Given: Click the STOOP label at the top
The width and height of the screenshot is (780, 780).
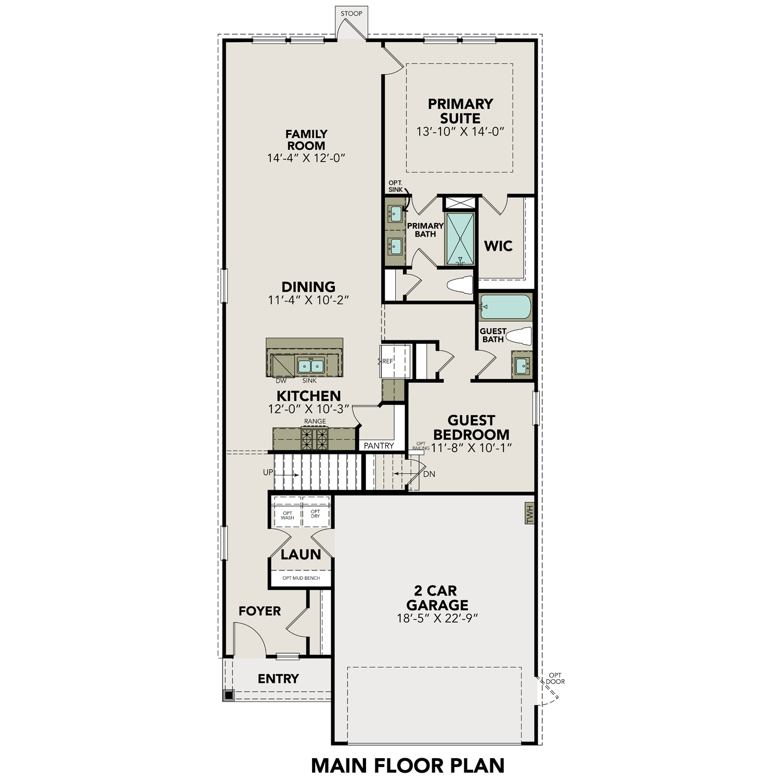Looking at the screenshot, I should pyautogui.click(x=352, y=14).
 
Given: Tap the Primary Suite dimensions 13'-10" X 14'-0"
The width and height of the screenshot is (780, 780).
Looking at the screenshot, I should pyautogui.click(x=460, y=132).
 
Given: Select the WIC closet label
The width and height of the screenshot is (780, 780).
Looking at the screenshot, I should pyautogui.click(x=498, y=246).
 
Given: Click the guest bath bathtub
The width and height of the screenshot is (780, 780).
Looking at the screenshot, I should pyautogui.click(x=505, y=307).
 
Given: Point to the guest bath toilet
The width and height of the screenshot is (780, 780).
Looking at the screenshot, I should pyautogui.click(x=519, y=336).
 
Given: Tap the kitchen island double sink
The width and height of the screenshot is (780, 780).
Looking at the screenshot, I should pyautogui.click(x=310, y=366).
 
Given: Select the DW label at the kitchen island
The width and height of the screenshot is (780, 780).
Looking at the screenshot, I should pyautogui.click(x=281, y=381).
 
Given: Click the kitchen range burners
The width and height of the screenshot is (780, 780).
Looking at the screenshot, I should pyautogui.click(x=315, y=439).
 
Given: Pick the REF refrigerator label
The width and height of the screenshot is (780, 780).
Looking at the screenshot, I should pyautogui.click(x=388, y=361).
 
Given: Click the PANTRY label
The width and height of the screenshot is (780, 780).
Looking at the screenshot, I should pyautogui.click(x=379, y=446).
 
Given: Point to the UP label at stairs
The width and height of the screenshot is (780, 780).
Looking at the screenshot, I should pyautogui.click(x=268, y=473).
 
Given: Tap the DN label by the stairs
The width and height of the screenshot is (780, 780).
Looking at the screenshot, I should pyautogui.click(x=429, y=474).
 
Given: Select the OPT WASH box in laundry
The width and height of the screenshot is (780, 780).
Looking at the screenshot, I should pyautogui.click(x=288, y=515).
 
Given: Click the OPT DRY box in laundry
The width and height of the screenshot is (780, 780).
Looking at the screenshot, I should pyautogui.click(x=316, y=514).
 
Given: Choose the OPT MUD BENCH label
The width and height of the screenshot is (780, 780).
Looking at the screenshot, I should pyautogui.click(x=301, y=578).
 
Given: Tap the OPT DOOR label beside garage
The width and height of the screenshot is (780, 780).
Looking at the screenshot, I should pyautogui.click(x=555, y=679).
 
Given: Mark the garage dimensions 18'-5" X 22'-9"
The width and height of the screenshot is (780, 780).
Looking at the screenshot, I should pyautogui.click(x=437, y=618).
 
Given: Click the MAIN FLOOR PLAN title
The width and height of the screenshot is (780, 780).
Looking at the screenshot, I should pyautogui.click(x=408, y=765).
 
